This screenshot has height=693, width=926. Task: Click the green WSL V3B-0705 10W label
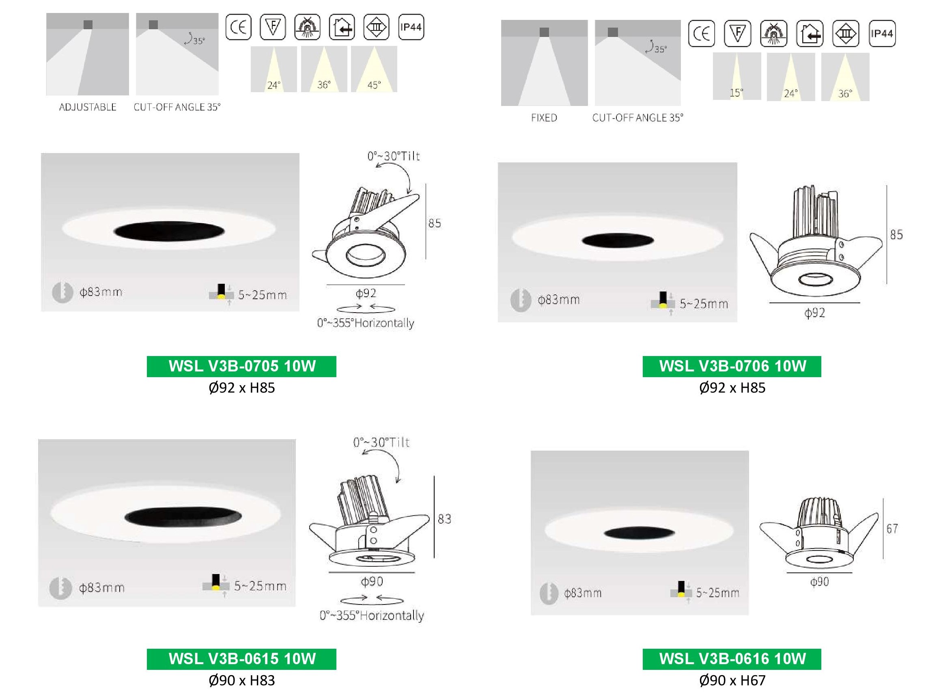click(241, 366)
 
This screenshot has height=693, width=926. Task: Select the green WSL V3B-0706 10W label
click(732, 366)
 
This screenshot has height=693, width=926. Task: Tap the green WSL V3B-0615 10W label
click(241, 658)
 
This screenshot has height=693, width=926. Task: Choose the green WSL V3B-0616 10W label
click(732, 658)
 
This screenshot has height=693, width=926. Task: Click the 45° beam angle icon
click(374, 69)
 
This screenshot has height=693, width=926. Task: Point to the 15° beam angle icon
click(737, 77)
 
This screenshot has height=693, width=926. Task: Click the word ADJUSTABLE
click(88, 107)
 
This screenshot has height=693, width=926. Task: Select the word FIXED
click(544, 118)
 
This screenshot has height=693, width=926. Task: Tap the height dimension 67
click(892, 529)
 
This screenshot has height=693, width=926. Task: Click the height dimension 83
click(445, 519)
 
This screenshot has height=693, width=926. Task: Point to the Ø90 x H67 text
click(732, 680)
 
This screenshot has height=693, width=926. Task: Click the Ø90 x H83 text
click(241, 680)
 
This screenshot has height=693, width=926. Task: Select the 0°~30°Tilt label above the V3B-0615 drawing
click(381, 443)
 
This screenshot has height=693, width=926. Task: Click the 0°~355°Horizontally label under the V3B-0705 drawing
click(366, 323)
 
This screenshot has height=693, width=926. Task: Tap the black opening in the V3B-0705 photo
click(169, 231)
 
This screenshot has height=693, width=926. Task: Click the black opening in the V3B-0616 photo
click(639, 533)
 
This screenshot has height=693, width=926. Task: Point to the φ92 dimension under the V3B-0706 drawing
click(814, 313)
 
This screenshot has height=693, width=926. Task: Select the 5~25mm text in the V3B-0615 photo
click(260, 586)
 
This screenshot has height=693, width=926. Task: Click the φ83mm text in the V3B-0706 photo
click(558, 300)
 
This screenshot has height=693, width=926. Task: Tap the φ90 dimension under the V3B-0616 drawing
click(819, 582)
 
